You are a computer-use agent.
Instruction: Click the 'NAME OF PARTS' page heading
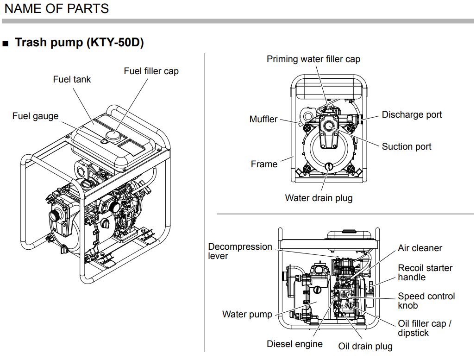(56, 8)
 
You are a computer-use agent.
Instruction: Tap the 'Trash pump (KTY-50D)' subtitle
(79, 43)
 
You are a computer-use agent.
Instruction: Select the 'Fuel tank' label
(72, 79)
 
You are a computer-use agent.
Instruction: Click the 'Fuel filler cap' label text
(151, 71)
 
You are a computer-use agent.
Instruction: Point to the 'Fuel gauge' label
(35, 116)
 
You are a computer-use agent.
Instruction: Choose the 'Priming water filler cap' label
(313, 59)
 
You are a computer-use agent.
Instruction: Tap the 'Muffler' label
(263, 119)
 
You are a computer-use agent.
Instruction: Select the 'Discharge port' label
(412, 114)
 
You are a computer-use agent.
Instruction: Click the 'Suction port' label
(406, 146)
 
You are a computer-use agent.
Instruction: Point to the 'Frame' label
(264, 164)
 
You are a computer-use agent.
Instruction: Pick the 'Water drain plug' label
(319, 198)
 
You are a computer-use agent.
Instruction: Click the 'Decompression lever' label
(240, 251)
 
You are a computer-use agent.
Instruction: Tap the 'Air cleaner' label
(420, 248)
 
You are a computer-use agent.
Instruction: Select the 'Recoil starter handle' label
(425, 272)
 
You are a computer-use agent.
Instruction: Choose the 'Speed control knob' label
(426, 301)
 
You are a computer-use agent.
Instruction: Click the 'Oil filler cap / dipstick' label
(424, 328)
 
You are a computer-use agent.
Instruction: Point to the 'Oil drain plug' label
(365, 346)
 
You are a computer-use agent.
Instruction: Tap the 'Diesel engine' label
(294, 344)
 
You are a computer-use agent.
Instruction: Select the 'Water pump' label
(247, 314)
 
